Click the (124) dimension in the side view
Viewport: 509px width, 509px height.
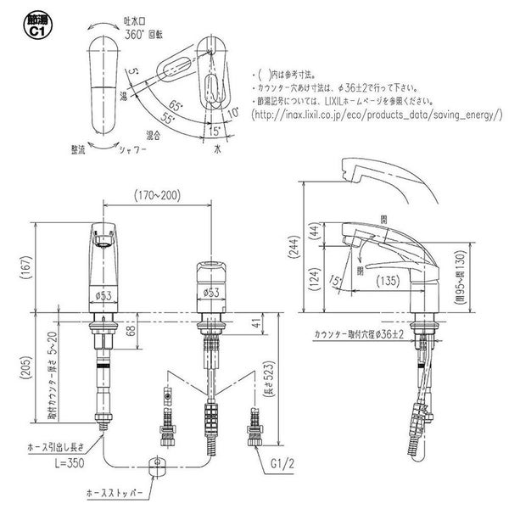point(311,278)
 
